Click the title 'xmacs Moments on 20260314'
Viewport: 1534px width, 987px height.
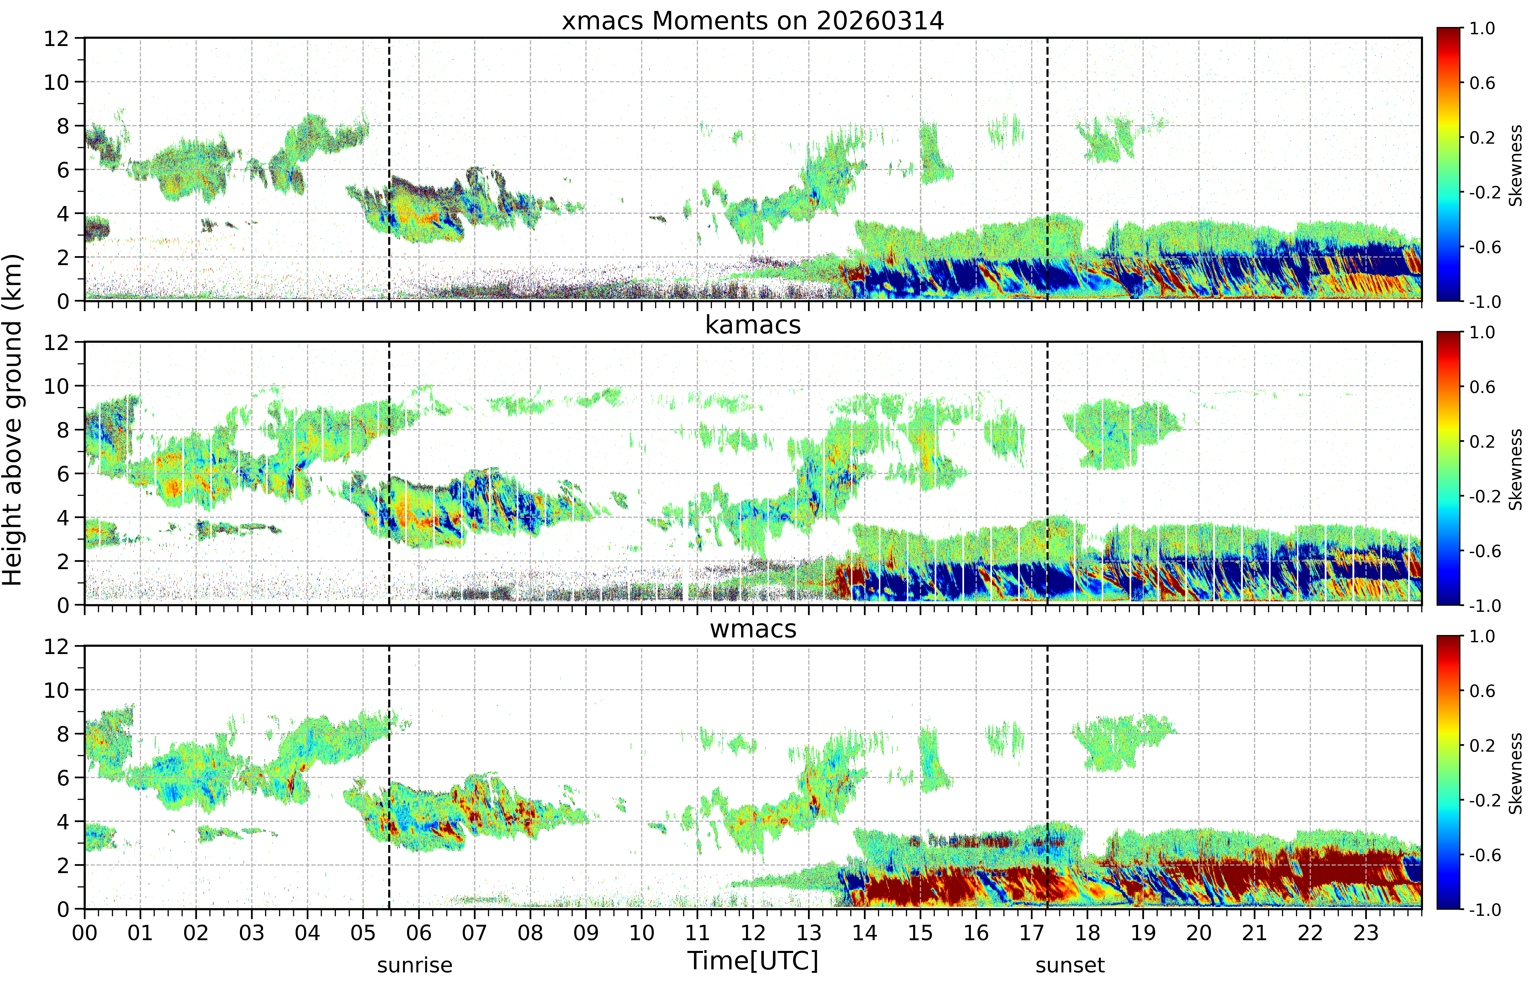(753, 21)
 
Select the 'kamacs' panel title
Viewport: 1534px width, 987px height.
(753, 325)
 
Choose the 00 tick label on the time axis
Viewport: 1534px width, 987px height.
(84, 932)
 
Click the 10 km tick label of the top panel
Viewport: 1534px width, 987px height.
(56, 82)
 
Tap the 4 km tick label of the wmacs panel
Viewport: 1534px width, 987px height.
(63, 822)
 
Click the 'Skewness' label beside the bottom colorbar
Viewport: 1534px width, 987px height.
(1515, 774)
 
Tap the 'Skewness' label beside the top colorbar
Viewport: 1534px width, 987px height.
(1515, 165)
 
